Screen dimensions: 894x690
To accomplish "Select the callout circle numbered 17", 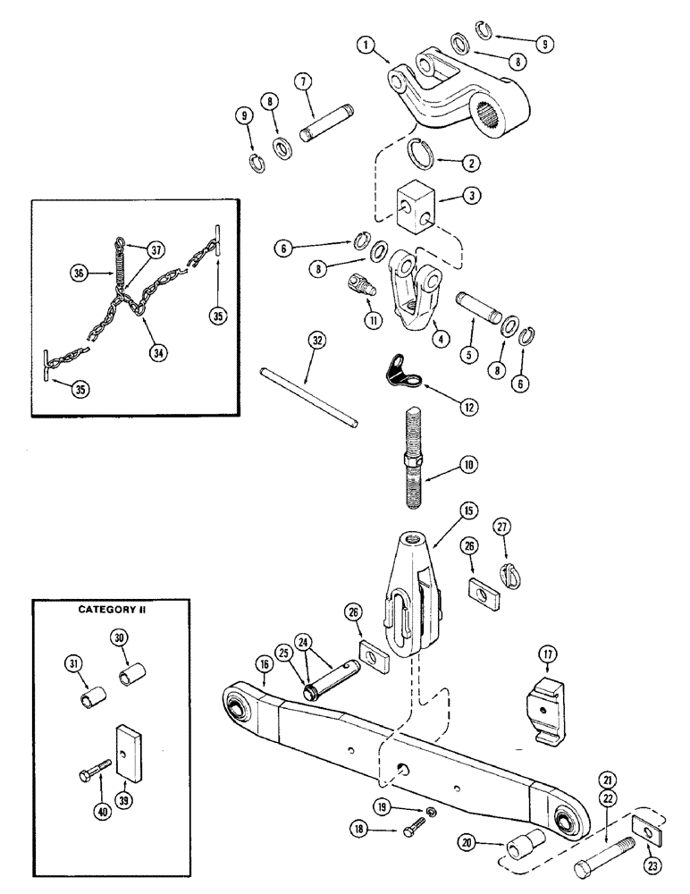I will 546,656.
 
